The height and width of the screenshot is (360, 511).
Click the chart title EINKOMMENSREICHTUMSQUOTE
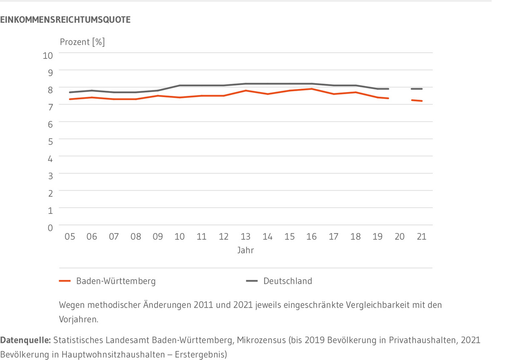point(65,20)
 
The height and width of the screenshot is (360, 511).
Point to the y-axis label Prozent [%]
point(82,42)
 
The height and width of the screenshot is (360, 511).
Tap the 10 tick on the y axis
point(48,55)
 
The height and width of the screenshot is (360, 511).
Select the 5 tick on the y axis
point(50,141)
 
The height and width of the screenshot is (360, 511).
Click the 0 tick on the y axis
point(50,228)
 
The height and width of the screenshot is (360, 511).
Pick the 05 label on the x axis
point(69,237)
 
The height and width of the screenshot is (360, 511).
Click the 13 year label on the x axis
point(245,237)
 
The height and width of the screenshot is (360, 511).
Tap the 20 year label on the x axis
point(399,237)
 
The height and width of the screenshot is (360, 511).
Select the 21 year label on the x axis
point(421,237)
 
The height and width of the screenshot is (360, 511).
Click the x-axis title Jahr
point(246,251)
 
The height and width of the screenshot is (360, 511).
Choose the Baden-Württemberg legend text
point(116,281)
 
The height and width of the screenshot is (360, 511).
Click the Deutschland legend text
point(287,281)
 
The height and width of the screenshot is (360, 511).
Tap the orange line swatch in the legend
point(65,281)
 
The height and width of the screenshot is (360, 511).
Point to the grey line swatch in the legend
point(252,281)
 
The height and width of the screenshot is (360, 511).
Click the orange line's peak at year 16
point(311,89)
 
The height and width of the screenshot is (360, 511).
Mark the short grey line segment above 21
point(416,89)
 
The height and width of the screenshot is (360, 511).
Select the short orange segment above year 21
point(416,101)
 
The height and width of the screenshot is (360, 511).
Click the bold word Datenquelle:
point(26,341)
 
